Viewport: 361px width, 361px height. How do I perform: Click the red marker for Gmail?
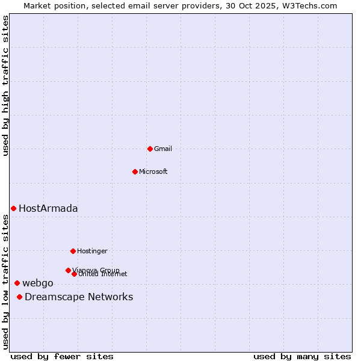150,149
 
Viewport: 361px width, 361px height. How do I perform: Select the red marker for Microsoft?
135,171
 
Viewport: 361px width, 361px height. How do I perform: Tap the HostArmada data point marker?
13,208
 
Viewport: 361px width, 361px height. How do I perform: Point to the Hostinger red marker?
73,251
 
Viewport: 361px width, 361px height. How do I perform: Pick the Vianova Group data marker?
68,270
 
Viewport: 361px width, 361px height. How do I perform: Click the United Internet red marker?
74,274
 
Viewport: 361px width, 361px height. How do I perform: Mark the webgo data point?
17,283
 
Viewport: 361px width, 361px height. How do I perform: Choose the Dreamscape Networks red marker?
20,297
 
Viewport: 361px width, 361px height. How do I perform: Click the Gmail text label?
162,149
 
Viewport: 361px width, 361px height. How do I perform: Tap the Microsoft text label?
153,171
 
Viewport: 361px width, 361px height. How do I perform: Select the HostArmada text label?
48,208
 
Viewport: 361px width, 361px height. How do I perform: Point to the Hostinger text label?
92,251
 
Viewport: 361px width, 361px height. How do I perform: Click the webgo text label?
38,283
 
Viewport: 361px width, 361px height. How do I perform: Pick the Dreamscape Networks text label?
79,297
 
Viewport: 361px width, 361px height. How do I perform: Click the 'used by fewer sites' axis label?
62,356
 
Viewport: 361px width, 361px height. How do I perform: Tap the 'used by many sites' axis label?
302,356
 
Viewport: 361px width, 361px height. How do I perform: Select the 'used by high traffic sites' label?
5,85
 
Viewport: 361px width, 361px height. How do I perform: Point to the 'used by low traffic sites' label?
5,282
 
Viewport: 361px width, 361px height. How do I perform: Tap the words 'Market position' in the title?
50,5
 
